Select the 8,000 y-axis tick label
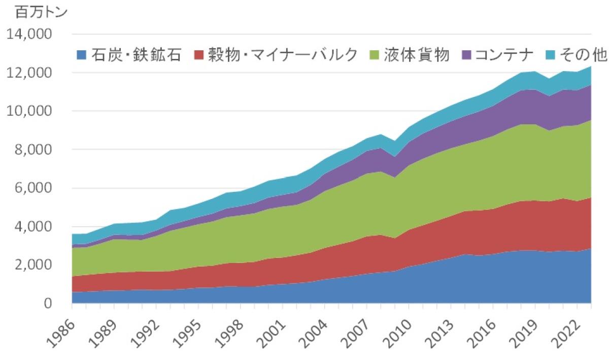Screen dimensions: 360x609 (34, 150)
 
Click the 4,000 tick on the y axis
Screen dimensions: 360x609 (34, 227)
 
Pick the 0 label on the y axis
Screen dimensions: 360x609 (47, 304)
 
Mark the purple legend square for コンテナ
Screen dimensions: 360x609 (465, 55)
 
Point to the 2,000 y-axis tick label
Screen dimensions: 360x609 (34, 266)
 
